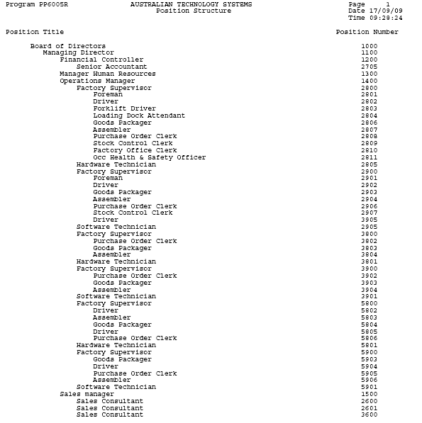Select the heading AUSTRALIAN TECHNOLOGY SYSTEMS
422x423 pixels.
191,4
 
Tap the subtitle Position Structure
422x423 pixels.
193,11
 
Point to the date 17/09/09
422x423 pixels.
385,11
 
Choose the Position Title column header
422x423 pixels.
35,32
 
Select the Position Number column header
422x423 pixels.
367,32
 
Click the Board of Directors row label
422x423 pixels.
67,46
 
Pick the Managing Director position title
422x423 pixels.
78,53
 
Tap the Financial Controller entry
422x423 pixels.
101,60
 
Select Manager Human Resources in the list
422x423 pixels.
107,74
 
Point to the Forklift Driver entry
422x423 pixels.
124,108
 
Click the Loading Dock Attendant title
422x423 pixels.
139,115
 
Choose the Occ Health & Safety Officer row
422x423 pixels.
149,157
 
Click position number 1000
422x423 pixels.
369,46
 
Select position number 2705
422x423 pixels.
369,67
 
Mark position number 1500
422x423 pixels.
369,394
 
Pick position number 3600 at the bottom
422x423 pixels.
369,414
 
